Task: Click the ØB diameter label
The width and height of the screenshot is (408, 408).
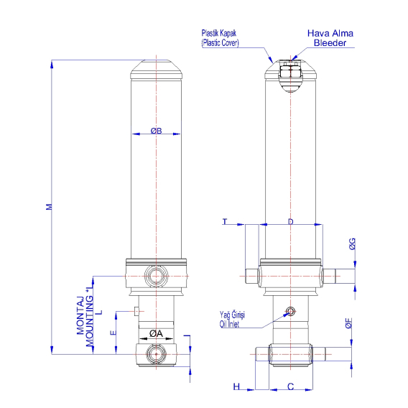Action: tap(156, 131)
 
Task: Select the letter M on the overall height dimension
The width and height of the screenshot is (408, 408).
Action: tap(49, 207)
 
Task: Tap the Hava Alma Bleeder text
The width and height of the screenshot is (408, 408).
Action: tap(330, 38)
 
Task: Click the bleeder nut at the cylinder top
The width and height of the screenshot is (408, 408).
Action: tap(290, 70)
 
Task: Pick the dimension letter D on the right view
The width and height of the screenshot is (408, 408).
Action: tap(290, 221)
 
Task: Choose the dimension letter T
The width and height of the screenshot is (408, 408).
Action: tap(225, 221)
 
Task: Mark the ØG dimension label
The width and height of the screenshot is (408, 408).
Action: tap(353, 245)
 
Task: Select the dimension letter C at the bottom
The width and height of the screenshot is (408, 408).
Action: tap(290, 386)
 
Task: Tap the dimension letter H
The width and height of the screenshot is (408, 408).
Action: tap(236, 386)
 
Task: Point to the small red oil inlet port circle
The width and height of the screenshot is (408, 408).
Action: tap(290, 311)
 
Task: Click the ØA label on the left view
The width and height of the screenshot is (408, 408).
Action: tap(156, 333)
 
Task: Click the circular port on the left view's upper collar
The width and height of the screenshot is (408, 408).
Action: tap(156, 275)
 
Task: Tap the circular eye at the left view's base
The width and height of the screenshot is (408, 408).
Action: tap(156, 355)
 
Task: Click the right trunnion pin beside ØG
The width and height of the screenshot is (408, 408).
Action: tap(332, 275)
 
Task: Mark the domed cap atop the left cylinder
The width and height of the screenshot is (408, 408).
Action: tap(156, 71)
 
